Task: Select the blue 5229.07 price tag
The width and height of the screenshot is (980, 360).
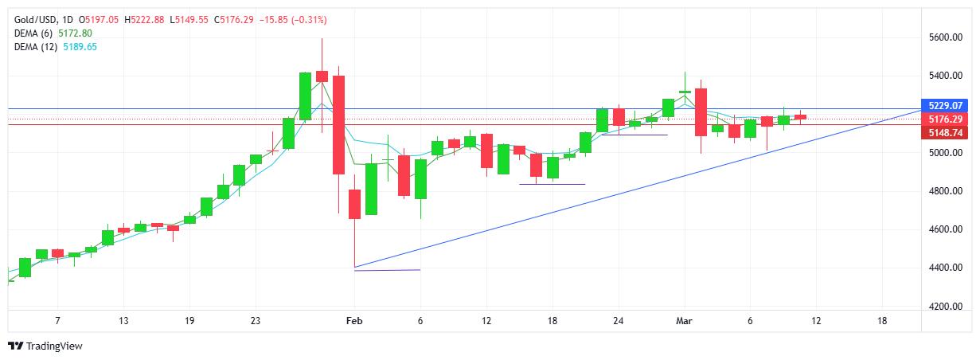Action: pos(946,105)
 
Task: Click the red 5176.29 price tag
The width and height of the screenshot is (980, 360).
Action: pos(946,119)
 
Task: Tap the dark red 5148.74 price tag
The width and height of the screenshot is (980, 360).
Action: pos(946,133)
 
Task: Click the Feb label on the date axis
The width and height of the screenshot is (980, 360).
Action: pos(354,321)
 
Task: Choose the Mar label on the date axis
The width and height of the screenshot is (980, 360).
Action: pos(685,321)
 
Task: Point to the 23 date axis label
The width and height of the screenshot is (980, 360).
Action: pos(255,321)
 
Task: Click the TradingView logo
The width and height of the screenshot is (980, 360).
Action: pos(45,346)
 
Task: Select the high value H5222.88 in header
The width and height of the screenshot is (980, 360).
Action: pos(147,19)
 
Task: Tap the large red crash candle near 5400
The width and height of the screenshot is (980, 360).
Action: pos(338,124)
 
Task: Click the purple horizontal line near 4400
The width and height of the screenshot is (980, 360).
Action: pos(386,270)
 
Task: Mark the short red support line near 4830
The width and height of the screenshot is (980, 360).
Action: pos(552,185)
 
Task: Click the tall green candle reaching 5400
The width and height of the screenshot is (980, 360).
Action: pos(305,96)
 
